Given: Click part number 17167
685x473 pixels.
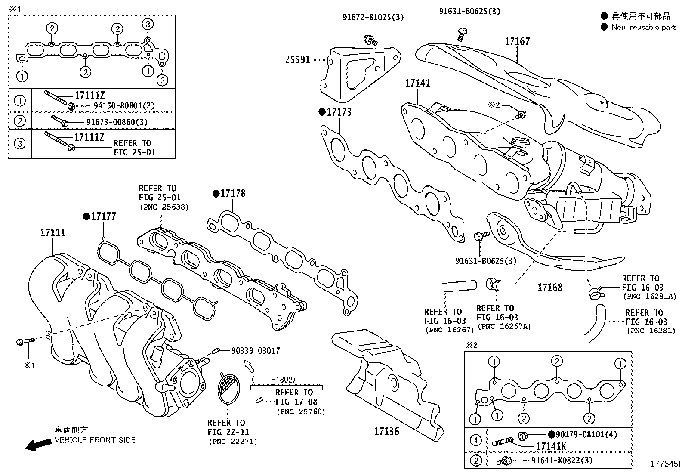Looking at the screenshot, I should tap(517, 42).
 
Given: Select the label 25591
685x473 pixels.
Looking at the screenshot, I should tap(297, 60).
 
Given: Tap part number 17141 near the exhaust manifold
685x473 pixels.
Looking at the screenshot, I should tap(417, 83).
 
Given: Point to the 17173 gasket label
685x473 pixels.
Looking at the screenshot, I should tap(339, 112).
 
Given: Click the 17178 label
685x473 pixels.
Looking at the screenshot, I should tap(233, 194).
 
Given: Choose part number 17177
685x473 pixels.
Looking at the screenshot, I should tap(103, 216).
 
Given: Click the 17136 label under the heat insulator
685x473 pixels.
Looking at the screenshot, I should tap(387, 431).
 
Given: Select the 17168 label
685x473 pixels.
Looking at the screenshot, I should tap(550, 287).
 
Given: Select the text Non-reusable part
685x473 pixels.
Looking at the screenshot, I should tap(643, 27).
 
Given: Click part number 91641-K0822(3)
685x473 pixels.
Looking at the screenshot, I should tap(562, 460).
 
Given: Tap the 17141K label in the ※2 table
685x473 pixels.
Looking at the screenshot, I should tap(551, 447).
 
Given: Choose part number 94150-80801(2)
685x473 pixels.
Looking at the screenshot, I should tap(124, 105).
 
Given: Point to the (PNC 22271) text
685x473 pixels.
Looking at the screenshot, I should tap(233, 441).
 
